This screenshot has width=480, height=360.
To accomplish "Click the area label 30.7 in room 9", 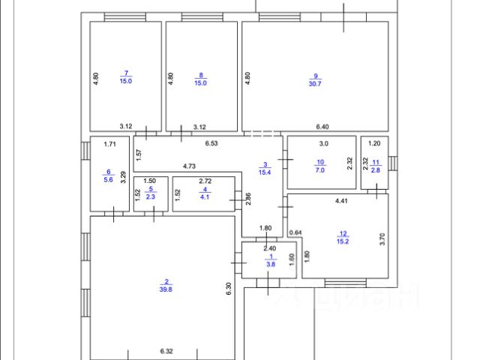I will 316,82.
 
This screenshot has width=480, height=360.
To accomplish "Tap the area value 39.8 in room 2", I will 166,287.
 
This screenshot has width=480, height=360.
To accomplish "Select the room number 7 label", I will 125,73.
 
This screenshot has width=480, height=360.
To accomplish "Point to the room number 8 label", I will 200,73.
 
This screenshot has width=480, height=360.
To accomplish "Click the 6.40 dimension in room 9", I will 322,127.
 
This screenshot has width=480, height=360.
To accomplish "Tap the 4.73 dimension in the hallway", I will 190,166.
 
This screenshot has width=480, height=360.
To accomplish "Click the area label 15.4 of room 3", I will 264,172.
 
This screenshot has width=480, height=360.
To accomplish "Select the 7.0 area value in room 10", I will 320,170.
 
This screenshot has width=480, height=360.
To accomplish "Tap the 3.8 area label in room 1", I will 270,263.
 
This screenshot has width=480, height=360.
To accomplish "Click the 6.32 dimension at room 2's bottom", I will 166,350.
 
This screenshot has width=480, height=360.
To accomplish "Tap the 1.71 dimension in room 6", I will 109,142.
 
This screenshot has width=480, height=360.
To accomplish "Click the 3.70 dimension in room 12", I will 382,240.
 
